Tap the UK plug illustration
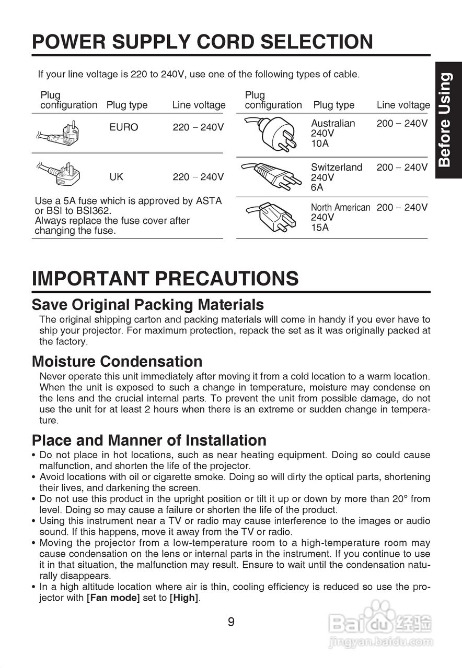[x=61, y=172]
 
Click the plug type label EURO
[x=124, y=127]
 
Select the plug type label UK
[x=116, y=177]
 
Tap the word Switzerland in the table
[x=337, y=168]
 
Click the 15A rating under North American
[x=320, y=228]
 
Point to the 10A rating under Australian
[x=320, y=143]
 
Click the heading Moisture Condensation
[x=117, y=361]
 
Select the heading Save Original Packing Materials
[x=148, y=304]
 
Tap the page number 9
[x=231, y=622]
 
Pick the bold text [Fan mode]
[x=113, y=598]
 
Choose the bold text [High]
[x=184, y=598]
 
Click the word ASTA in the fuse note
[x=209, y=201]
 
